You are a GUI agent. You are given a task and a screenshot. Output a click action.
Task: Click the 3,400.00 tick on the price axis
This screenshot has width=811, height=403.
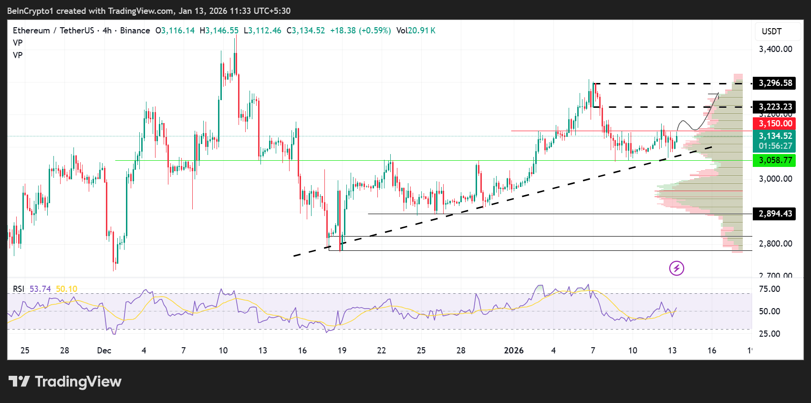click(x=775, y=49)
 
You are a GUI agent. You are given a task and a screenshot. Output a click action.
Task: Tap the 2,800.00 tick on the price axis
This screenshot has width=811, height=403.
click(x=775, y=244)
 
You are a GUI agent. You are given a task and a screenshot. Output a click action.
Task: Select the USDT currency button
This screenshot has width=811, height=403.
click(x=771, y=31)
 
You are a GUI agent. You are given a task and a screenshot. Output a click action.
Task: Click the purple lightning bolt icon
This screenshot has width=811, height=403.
click(x=676, y=268)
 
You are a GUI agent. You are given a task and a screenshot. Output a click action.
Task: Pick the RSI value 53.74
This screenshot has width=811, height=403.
click(x=40, y=289)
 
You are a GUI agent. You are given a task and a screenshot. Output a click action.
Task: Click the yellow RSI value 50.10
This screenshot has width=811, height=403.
click(x=66, y=289)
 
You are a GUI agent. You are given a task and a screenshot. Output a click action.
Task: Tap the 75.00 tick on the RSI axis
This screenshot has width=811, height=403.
click(x=769, y=289)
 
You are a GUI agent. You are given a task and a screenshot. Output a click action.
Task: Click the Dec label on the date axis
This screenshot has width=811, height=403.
click(x=104, y=351)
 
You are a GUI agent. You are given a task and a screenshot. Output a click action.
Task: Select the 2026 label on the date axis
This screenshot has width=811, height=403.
click(x=514, y=351)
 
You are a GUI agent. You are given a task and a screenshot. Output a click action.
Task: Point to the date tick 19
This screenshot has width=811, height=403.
click(x=342, y=351)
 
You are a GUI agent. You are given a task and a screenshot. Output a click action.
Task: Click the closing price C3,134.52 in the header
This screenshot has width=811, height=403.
click(x=306, y=31)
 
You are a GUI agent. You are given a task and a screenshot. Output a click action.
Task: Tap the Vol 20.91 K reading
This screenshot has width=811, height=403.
click(x=416, y=31)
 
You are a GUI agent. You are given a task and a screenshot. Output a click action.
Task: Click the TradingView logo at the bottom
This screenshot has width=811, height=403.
click(x=65, y=382)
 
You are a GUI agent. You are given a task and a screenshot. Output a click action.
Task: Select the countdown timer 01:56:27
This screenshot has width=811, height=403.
click(x=775, y=146)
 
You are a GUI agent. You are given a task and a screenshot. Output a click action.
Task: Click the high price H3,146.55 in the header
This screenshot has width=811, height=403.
click(x=219, y=31)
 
